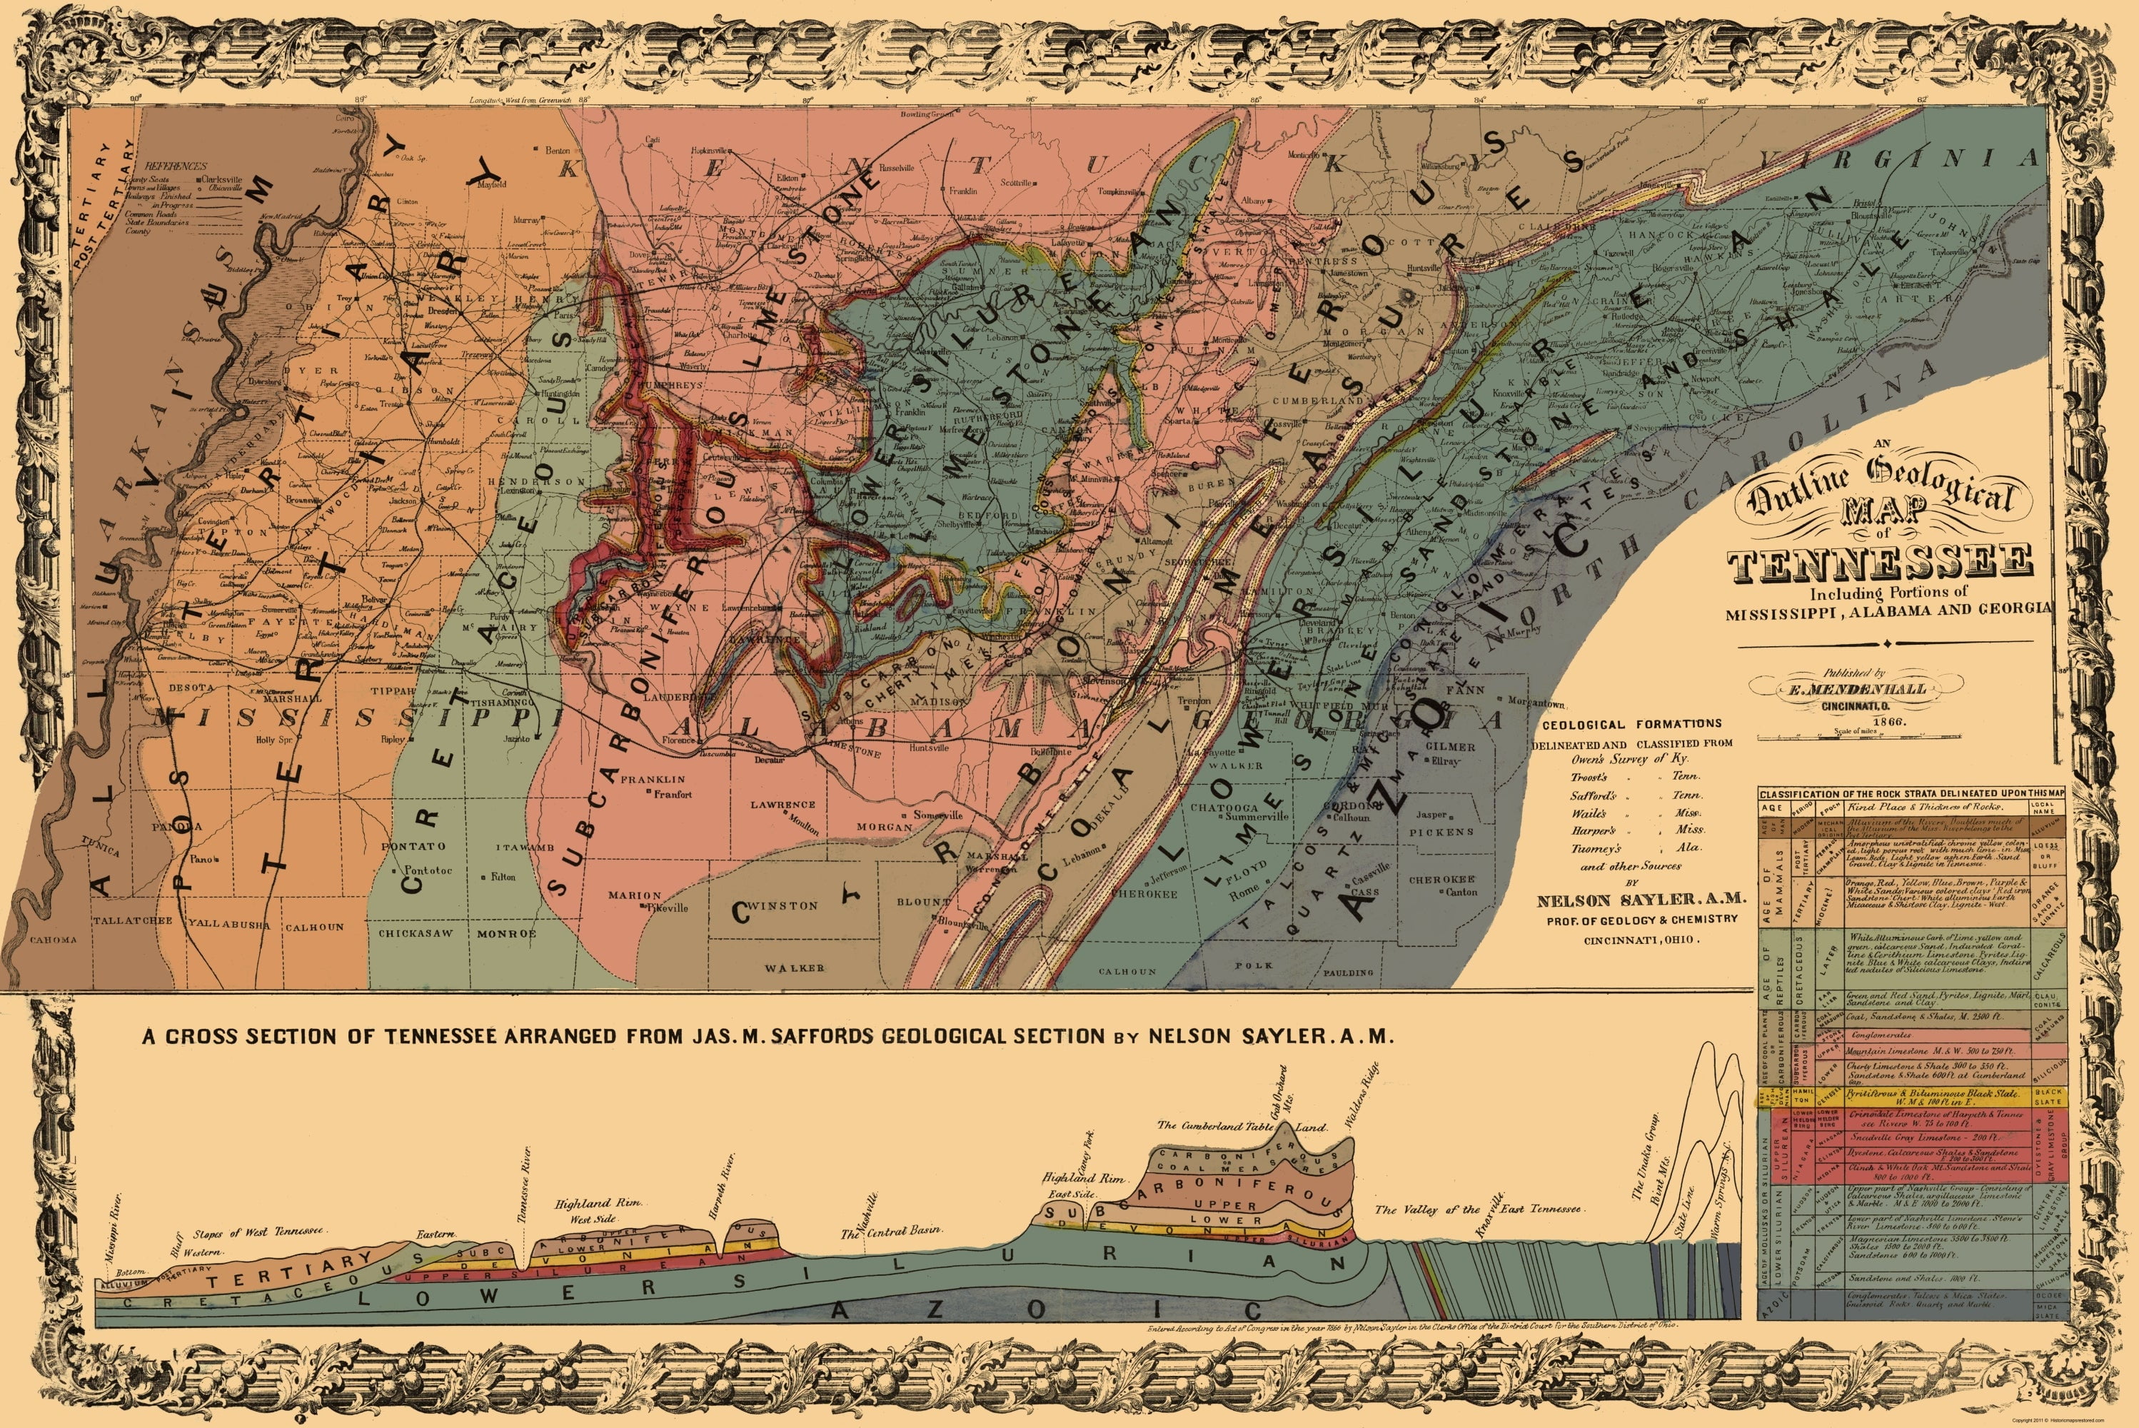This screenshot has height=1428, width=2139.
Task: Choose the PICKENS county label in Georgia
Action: pos(1441,832)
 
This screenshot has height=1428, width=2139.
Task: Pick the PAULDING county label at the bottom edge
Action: pos(1348,972)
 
